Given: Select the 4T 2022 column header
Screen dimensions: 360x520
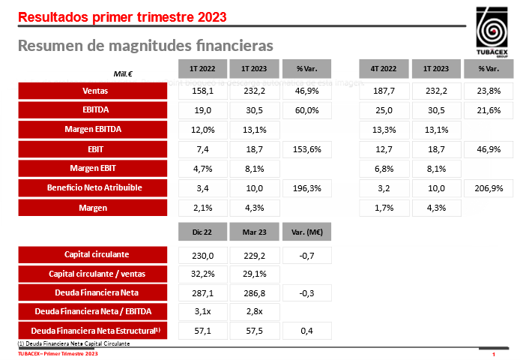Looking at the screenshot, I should click(384, 69).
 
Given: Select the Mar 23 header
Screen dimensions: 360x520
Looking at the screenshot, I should click(253, 233).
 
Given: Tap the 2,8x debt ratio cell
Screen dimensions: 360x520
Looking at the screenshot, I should click(253, 311).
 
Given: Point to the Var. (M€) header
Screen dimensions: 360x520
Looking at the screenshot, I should click(305, 233).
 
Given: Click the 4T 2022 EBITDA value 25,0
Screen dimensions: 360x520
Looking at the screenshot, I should click(384, 110).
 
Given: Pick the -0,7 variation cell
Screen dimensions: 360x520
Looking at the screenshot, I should click(305, 255).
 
